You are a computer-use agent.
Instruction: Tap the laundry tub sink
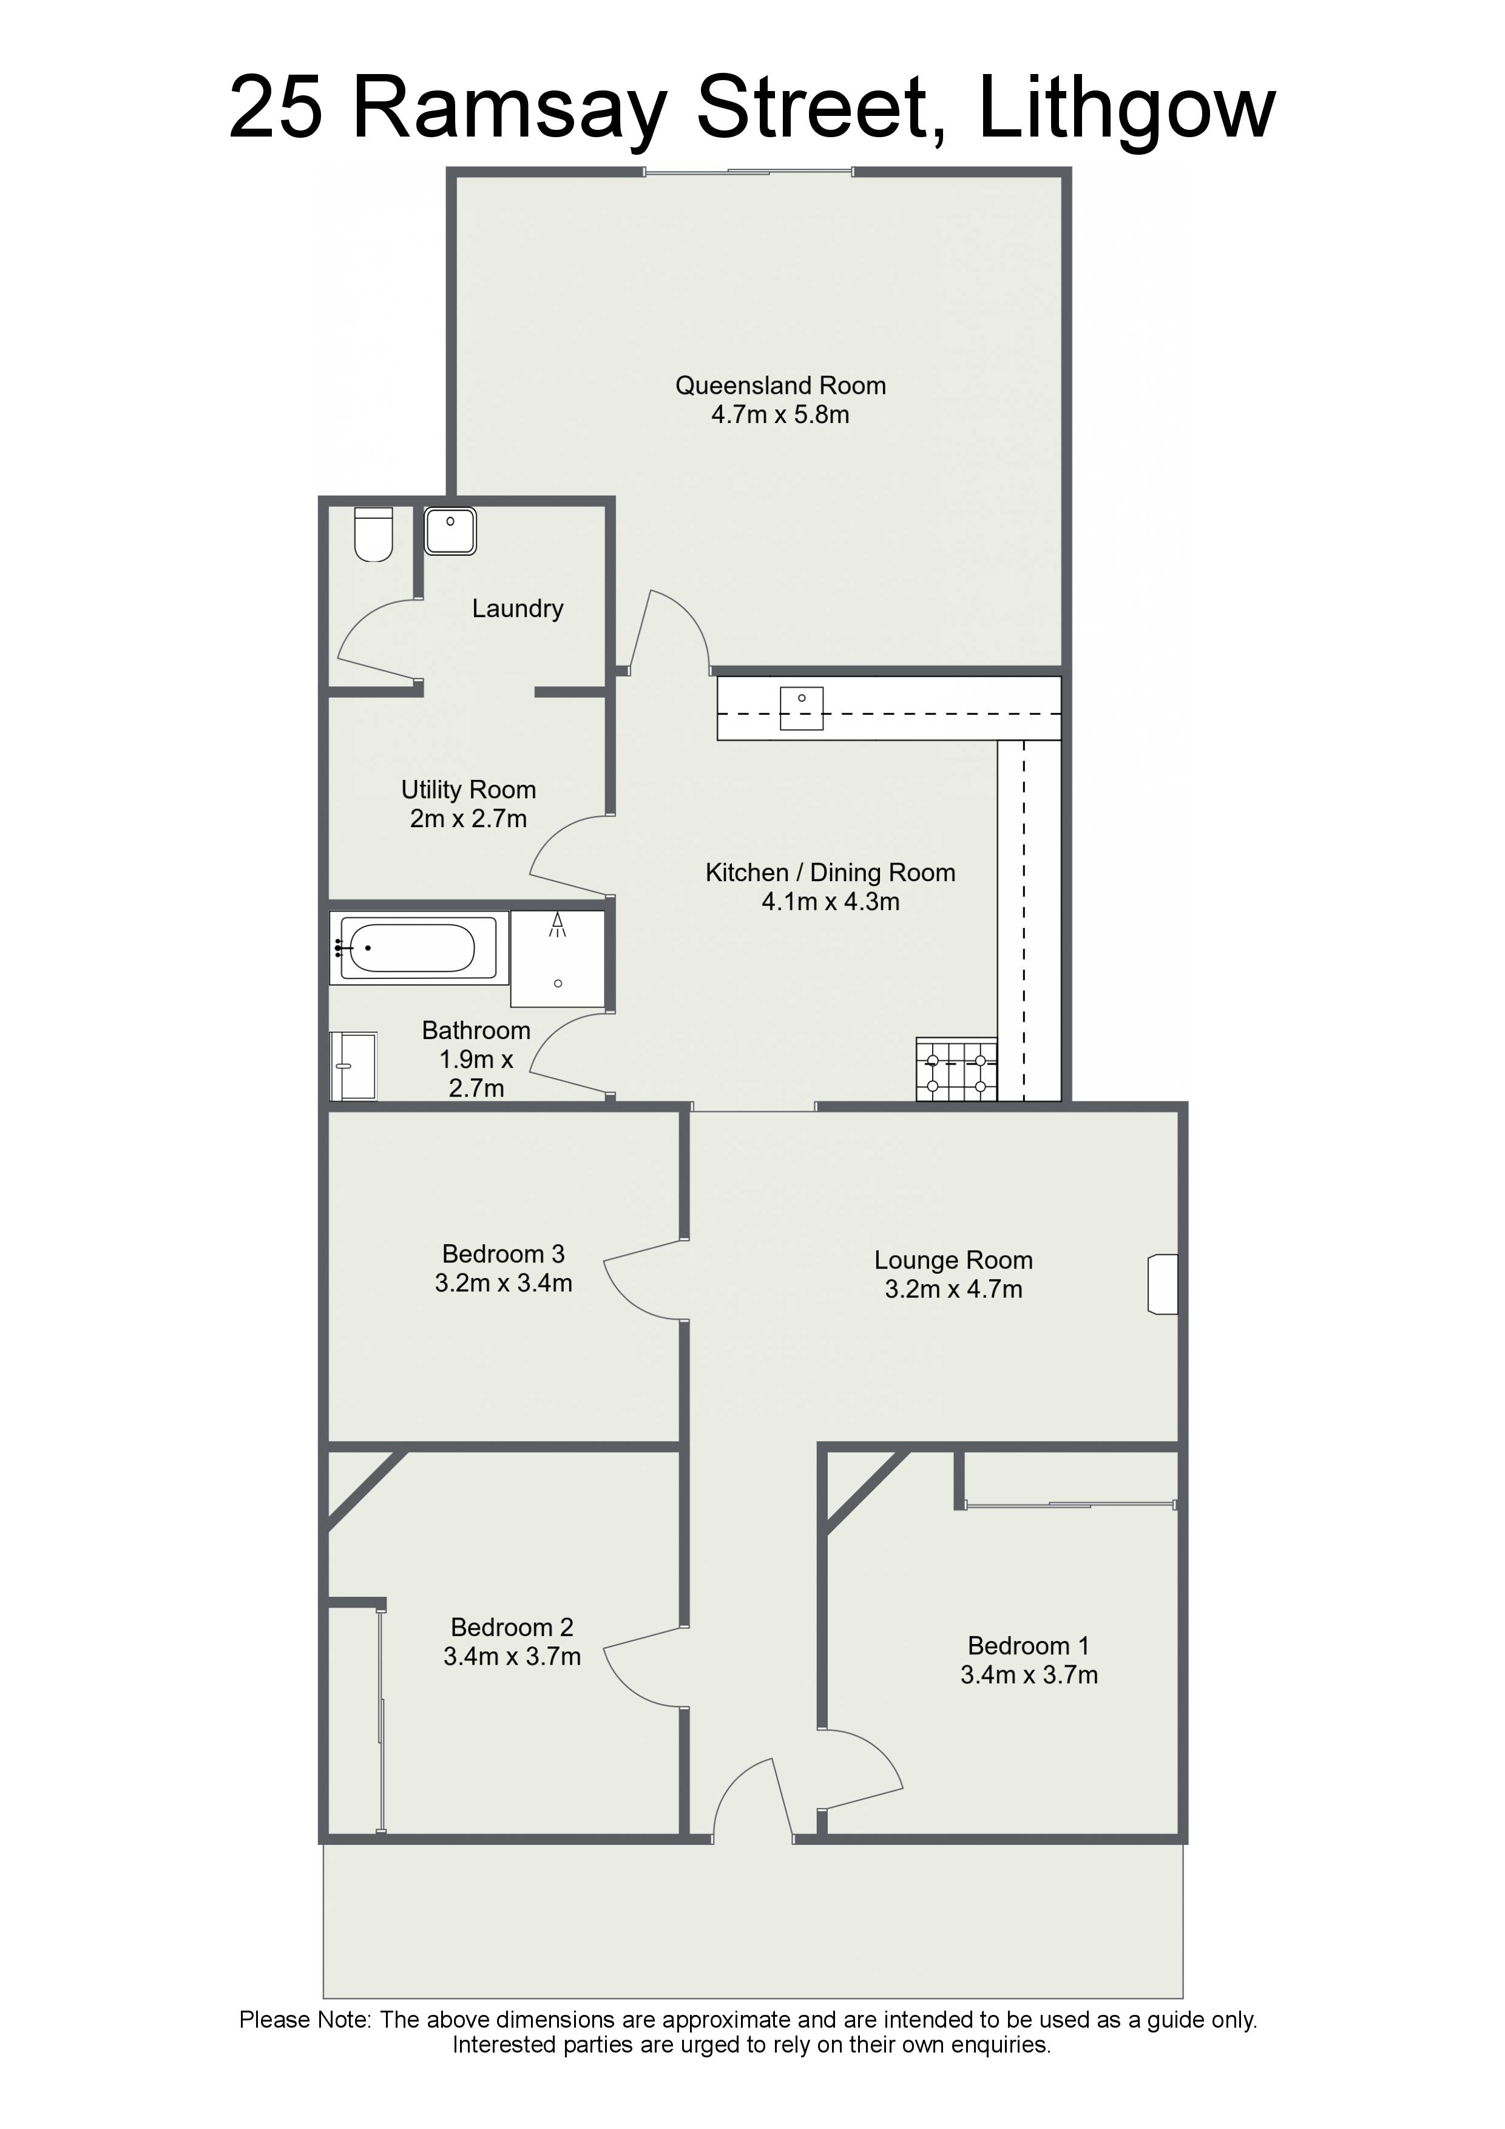click(x=451, y=530)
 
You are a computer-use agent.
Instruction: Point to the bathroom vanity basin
click(x=354, y=1066)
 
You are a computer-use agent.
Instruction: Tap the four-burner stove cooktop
click(x=956, y=1069)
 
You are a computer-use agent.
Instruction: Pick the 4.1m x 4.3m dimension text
click(x=830, y=901)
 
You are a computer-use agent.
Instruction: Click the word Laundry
click(x=518, y=609)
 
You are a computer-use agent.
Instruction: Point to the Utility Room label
click(x=468, y=790)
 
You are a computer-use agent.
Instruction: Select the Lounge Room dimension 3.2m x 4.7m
click(x=953, y=1290)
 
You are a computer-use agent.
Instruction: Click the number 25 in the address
click(x=276, y=109)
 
